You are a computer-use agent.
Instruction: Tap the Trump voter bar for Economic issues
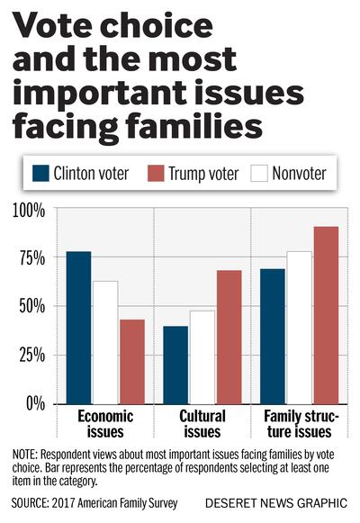(132, 361)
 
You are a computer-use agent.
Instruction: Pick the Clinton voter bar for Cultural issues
(175, 365)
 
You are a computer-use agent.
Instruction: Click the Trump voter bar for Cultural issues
(229, 337)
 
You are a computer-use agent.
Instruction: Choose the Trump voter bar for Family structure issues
(327, 314)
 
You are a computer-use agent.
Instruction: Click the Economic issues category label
(105, 423)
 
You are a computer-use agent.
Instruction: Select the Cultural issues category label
(202, 423)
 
